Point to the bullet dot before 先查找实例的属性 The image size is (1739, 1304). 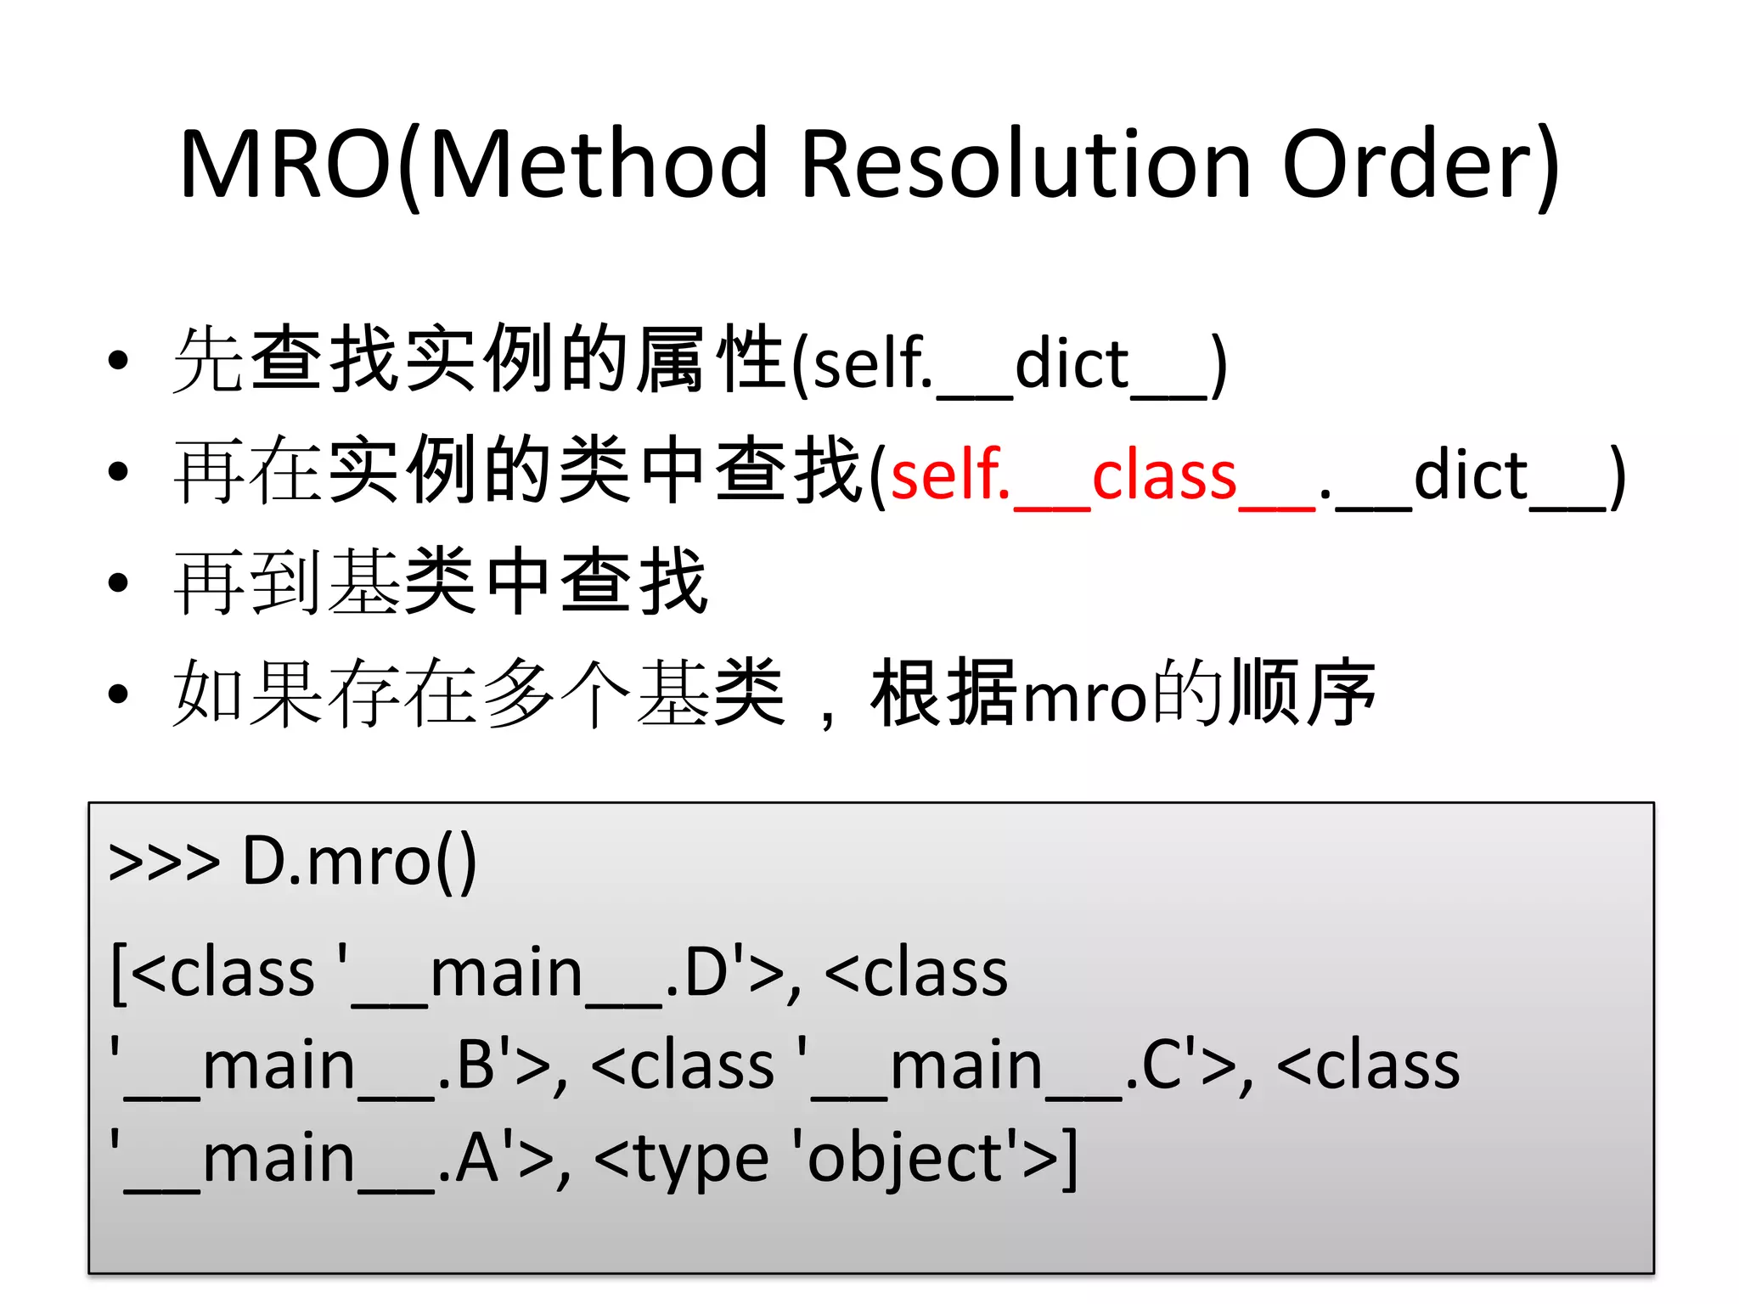tap(118, 360)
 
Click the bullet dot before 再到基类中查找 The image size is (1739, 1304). tap(118, 582)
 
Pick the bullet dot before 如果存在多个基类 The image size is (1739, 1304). tap(118, 694)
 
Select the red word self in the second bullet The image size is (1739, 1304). tap(944, 475)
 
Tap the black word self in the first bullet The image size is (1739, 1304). tap(868, 363)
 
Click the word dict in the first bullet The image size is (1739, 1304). tap(1072, 363)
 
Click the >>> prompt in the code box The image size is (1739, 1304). tap(164, 863)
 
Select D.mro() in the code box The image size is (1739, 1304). tap(359, 863)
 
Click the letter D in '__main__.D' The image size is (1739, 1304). tap(706, 973)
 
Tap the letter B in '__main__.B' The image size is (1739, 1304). tap(476, 1065)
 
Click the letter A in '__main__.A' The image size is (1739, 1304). tap(476, 1158)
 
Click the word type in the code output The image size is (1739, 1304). tap(701, 1160)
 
